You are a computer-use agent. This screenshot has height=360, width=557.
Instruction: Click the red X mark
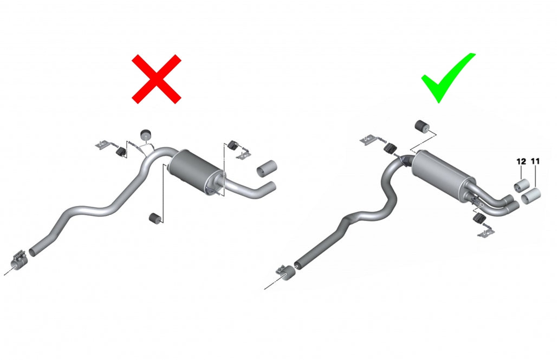(157, 79)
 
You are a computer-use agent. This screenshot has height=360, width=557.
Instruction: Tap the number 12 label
(521, 161)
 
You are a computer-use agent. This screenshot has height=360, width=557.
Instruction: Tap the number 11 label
(535, 161)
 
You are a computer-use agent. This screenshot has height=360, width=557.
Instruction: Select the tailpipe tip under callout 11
(531, 196)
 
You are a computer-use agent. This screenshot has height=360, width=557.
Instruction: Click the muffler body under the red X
(196, 170)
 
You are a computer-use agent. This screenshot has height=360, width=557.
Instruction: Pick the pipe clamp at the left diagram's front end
(18, 261)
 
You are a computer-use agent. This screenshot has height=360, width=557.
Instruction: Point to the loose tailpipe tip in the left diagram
(267, 168)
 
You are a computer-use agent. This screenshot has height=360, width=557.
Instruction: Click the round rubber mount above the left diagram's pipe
(146, 135)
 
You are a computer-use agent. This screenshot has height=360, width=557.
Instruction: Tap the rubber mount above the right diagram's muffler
(421, 126)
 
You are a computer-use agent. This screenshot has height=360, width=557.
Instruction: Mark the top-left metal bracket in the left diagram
(103, 145)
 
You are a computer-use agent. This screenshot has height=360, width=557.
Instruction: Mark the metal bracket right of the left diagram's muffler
(244, 155)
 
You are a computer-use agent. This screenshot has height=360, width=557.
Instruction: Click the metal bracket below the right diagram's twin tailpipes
(486, 232)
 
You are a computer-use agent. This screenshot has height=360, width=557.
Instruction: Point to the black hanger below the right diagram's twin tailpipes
(479, 219)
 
